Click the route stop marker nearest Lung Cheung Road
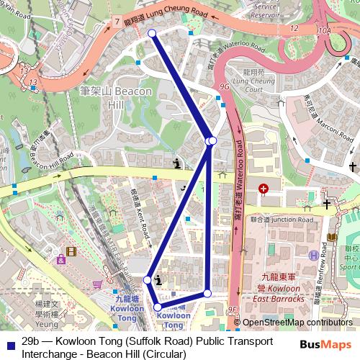(152, 33)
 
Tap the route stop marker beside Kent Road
(147, 279)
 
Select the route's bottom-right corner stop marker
(207, 293)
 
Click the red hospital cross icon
(264, 189)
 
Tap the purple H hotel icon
(313, 255)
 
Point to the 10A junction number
(325, 32)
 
